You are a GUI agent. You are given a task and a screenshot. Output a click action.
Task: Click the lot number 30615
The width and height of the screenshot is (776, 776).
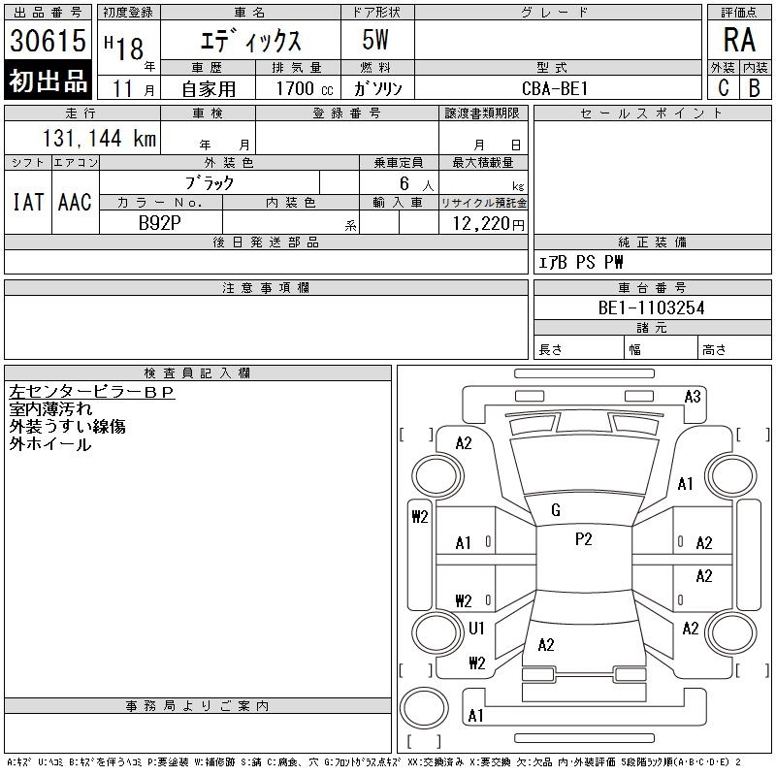pyautogui.click(x=48, y=40)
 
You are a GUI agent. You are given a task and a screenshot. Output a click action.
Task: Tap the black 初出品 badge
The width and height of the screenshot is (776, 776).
pyautogui.click(x=48, y=80)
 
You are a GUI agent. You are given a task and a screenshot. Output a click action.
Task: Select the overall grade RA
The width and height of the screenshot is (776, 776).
pyautogui.click(x=739, y=40)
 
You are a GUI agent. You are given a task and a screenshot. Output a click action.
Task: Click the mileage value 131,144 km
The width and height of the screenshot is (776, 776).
pyautogui.click(x=99, y=138)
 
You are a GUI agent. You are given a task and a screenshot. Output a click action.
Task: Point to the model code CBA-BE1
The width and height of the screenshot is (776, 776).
pyautogui.click(x=555, y=88)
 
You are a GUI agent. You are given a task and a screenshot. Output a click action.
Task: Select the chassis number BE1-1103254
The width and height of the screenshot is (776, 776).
pyautogui.click(x=651, y=307)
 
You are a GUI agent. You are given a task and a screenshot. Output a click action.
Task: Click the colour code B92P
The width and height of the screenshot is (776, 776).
pyautogui.click(x=159, y=223)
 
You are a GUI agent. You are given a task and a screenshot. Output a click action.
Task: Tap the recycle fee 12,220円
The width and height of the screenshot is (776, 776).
pyautogui.click(x=489, y=224)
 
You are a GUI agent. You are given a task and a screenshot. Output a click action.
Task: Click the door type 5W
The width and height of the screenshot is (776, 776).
pyautogui.click(x=375, y=40)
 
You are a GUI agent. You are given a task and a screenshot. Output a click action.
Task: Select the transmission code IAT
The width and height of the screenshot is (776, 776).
pyautogui.click(x=28, y=202)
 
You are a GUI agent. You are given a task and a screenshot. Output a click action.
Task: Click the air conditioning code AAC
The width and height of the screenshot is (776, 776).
pyautogui.click(x=75, y=202)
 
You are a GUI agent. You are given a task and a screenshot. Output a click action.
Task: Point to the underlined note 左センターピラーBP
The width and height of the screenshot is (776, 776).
pyautogui.click(x=91, y=392)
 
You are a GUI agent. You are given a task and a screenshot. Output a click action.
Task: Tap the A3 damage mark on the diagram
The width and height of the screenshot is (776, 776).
pyautogui.click(x=693, y=397)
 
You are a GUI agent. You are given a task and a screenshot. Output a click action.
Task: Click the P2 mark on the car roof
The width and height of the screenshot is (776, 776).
pyautogui.click(x=584, y=539)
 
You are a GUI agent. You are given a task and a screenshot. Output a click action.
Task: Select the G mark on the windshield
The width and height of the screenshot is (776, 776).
pyautogui.click(x=556, y=510)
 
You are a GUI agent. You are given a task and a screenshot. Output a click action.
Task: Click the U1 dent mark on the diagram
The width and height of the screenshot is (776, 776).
pyautogui.click(x=476, y=628)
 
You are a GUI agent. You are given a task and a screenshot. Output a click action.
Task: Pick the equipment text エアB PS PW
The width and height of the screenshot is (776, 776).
pyautogui.click(x=580, y=262)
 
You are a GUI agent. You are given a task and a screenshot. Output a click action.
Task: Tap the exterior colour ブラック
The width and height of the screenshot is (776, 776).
pyautogui.click(x=209, y=183)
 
